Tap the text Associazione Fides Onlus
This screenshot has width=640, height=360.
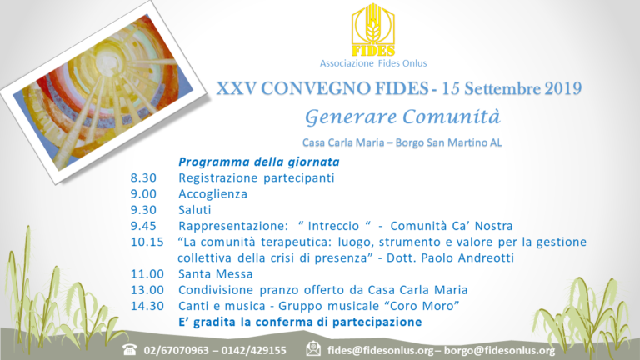372,64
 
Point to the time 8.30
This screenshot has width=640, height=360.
143,177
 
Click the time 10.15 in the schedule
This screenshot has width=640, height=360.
148,242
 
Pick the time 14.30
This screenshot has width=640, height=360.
148,306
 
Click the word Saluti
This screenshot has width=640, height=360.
194,209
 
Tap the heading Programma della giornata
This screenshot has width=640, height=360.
246,162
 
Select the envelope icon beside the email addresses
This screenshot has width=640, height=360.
313,349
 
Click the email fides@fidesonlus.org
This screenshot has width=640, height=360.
380,350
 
